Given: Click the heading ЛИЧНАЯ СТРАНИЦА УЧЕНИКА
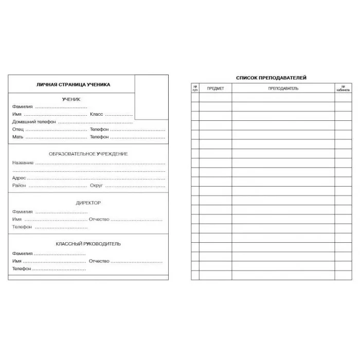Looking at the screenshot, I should click(73, 85).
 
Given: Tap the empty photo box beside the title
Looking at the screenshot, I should click(151, 97).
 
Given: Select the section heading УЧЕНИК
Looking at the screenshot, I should click(71, 99).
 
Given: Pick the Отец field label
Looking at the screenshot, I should click(18, 130).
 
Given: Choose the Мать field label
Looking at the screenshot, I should click(18, 137).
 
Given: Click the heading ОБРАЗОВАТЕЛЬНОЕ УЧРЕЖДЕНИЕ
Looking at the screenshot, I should click(88, 154).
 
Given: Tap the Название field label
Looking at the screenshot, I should click(23, 163).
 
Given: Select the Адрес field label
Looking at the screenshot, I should click(19, 178).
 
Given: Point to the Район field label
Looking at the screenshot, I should click(19, 185).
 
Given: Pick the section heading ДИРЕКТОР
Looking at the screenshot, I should click(88, 203).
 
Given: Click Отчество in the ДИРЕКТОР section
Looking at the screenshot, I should click(99, 220).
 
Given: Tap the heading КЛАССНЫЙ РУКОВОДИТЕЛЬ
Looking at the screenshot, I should click(88, 244).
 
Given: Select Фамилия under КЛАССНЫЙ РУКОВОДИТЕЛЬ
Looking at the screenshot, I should click(23, 254).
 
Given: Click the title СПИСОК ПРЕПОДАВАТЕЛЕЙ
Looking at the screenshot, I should click(271, 78).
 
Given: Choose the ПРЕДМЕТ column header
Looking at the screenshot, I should click(215, 88).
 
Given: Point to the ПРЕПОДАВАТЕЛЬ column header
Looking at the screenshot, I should click(283, 88).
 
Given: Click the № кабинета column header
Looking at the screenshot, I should click(343, 88).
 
